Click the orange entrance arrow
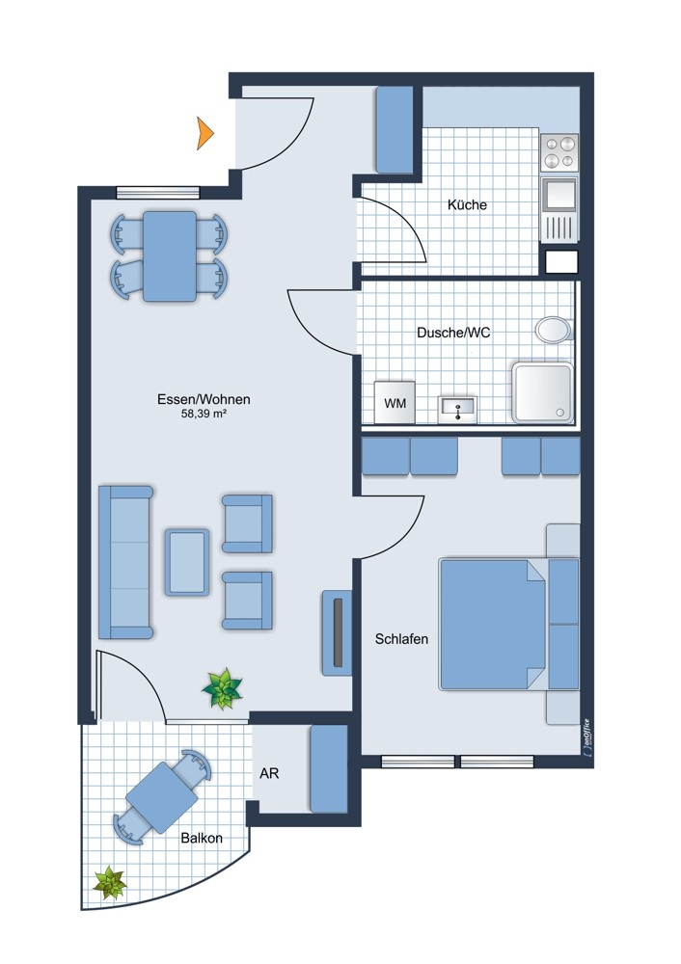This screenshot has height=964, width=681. (x=204, y=133)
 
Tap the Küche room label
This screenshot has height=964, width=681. (x=467, y=204)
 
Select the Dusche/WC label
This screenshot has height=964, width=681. (x=453, y=333)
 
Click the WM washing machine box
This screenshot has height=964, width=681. (x=395, y=403)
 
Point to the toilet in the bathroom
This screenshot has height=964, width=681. (x=554, y=330)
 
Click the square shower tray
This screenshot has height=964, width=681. (x=543, y=392)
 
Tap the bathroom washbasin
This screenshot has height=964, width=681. (x=457, y=410)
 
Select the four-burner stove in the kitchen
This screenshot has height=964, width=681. (x=559, y=152)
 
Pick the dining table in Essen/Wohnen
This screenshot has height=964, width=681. (x=169, y=256)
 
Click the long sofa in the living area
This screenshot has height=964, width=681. (x=125, y=562)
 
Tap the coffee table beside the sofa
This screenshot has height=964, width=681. (x=186, y=562)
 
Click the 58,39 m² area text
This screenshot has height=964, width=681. (x=204, y=414)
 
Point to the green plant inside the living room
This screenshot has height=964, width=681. (x=222, y=689)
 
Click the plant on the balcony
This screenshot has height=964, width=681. (x=110, y=883)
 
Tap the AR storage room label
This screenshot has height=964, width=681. (x=269, y=773)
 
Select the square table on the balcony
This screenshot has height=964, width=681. (x=162, y=797)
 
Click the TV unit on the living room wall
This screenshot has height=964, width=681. (x=337, y=633)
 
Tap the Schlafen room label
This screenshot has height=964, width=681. (x=401, y=639)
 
